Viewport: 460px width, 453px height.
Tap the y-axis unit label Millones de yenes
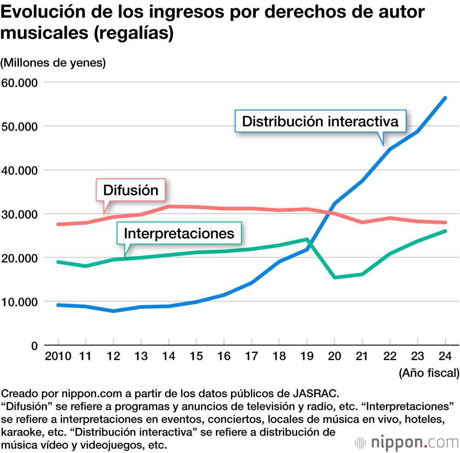coord(53,62)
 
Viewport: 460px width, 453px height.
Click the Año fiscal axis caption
coord(429,373)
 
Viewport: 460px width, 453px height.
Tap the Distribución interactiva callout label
coord(320,121)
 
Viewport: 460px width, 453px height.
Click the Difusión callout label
coord(131,190)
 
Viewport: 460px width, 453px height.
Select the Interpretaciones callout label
coord(179,233)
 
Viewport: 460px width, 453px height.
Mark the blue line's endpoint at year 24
coord(445,98)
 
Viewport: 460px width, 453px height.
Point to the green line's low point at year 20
coord(334,277)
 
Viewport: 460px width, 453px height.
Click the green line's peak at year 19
coord(307,239)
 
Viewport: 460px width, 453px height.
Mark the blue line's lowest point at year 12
coord(114,311)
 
